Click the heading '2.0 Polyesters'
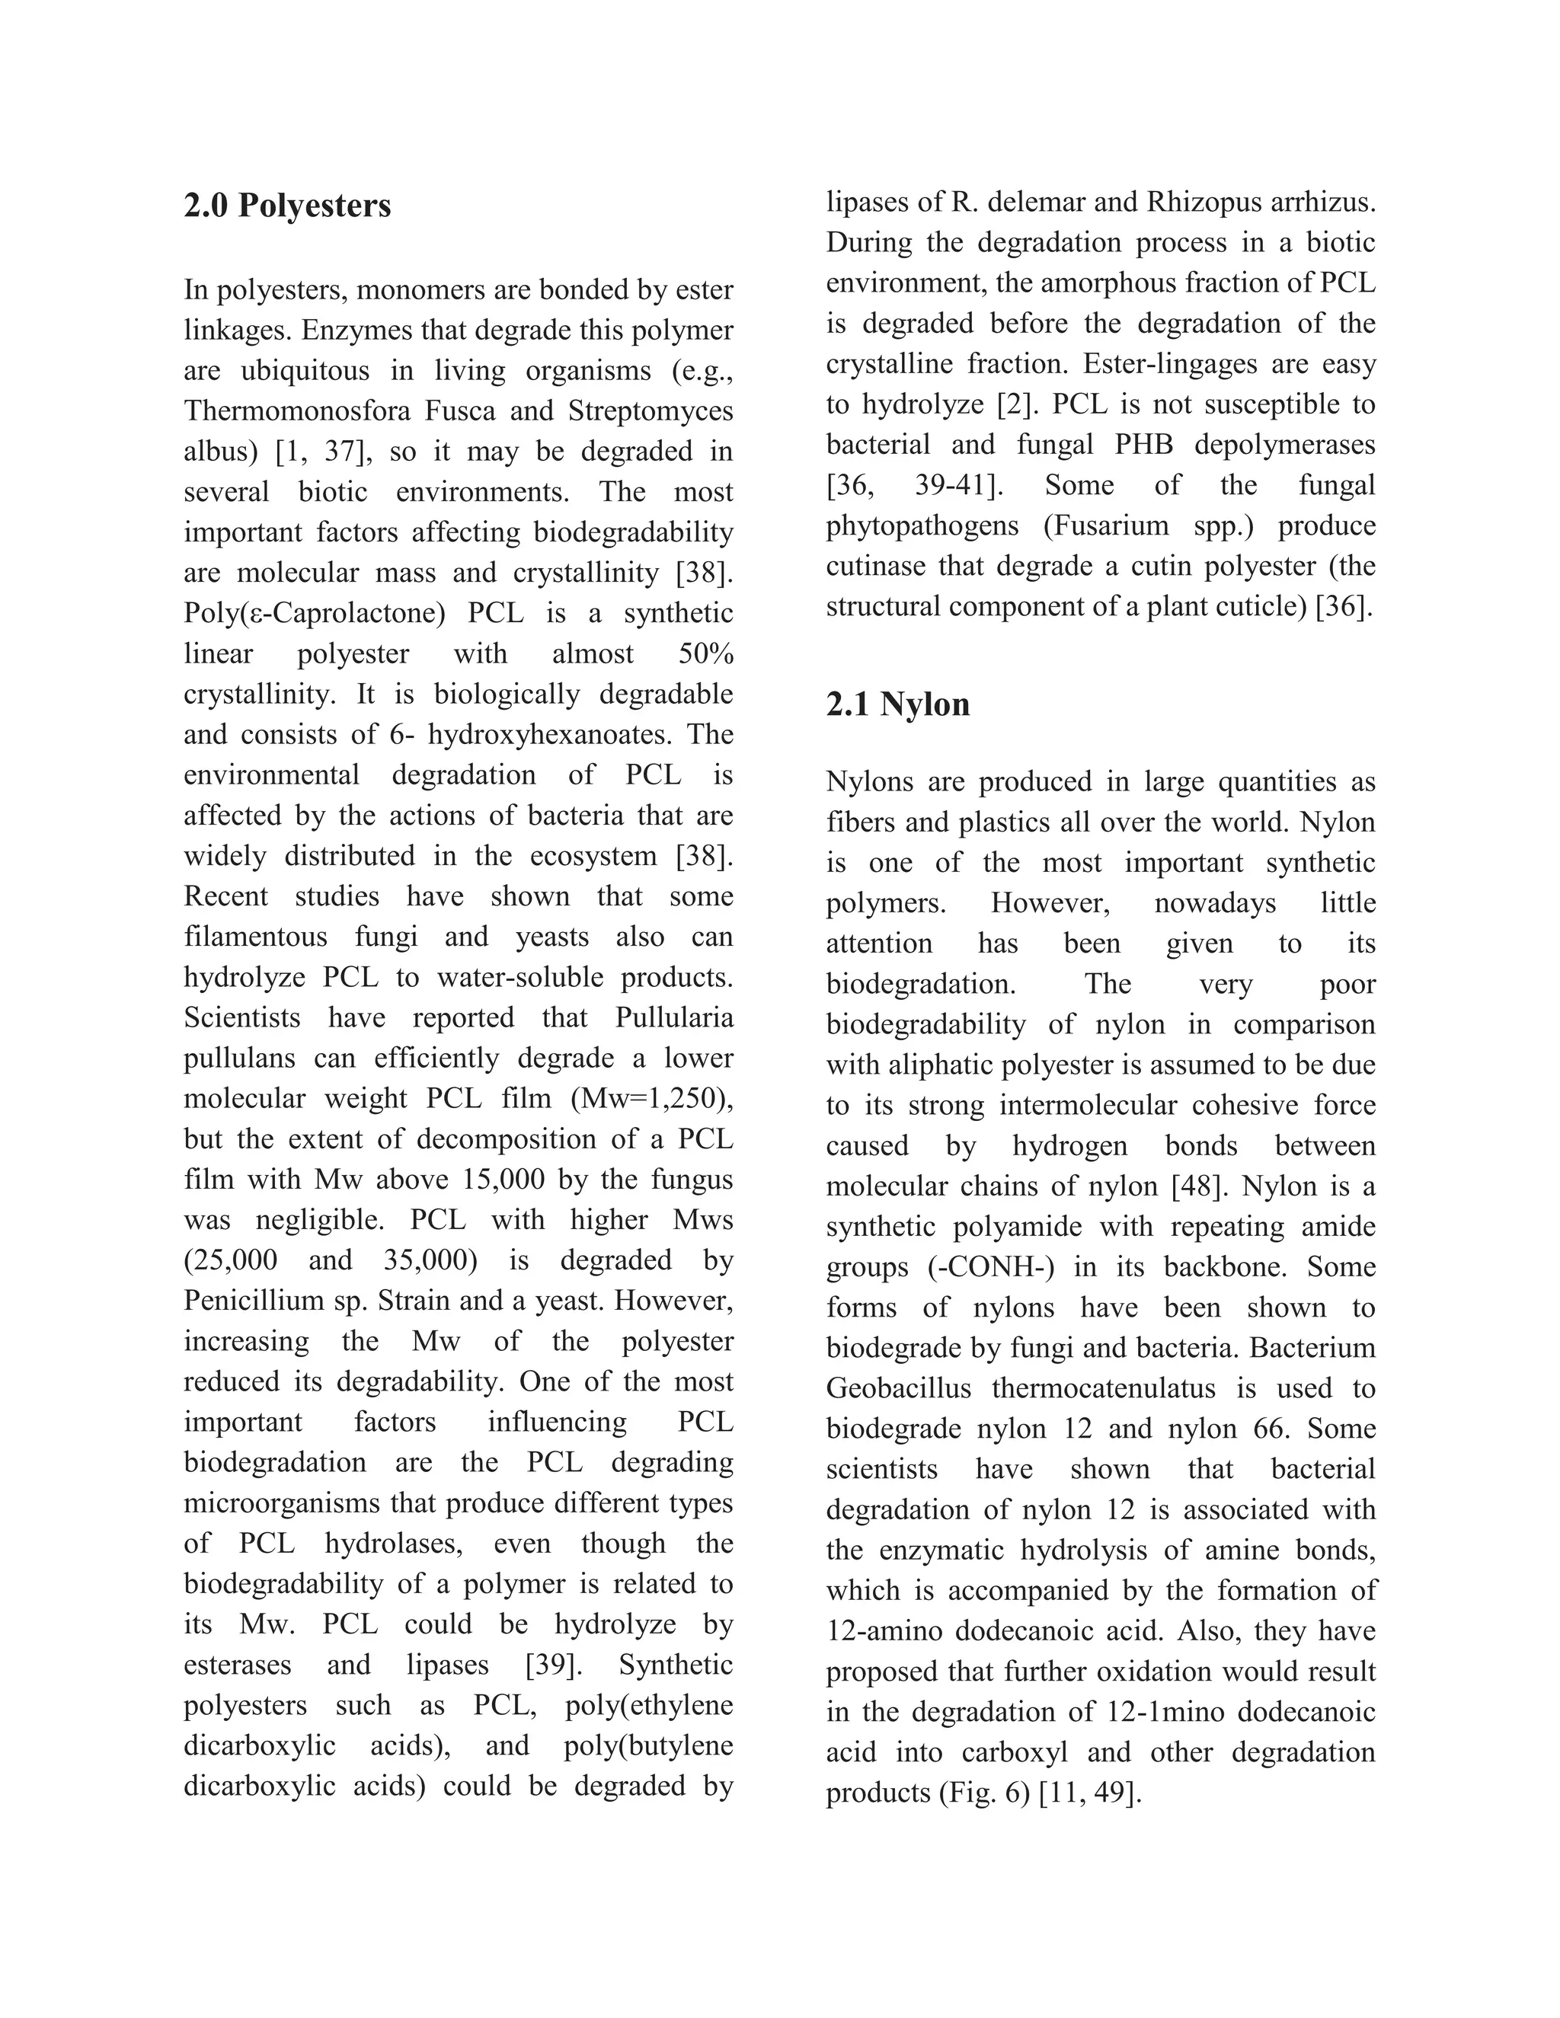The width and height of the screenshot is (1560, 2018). click(287, 205)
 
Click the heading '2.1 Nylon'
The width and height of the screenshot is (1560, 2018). click(897, 704)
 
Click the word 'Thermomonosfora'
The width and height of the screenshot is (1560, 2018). click(296, 410)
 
